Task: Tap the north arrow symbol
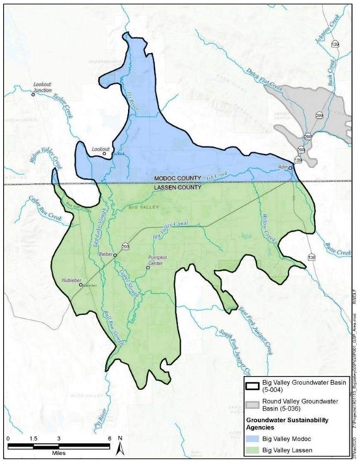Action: point(121,445)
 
